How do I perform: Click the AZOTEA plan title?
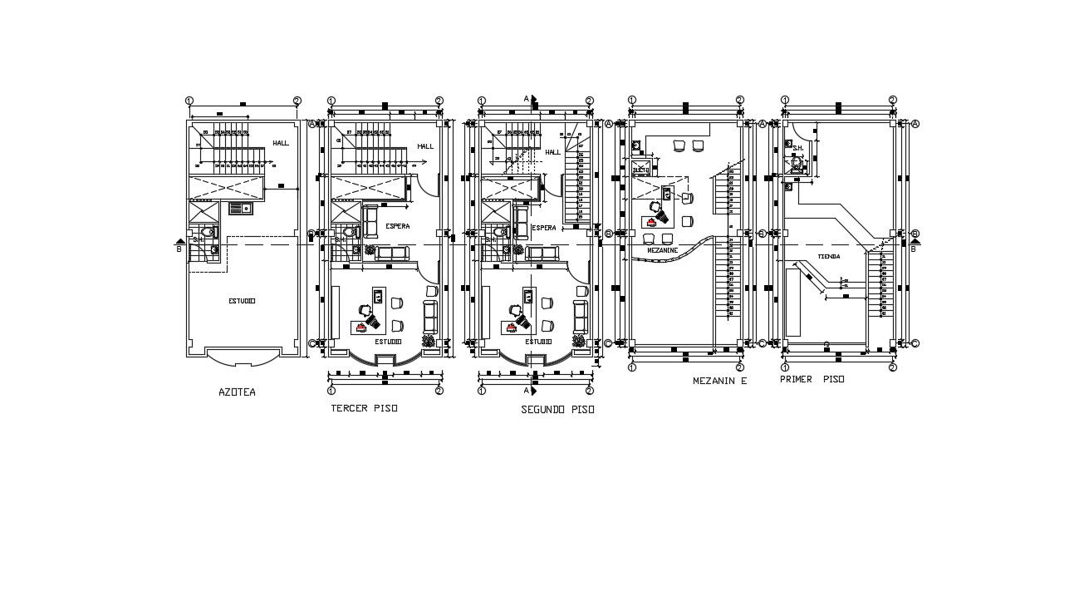click(237, 392)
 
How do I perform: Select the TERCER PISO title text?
click(364, 408)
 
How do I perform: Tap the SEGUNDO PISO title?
click(557, 410)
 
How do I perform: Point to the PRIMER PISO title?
click(812, 379)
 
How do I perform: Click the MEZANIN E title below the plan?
click(719, 381)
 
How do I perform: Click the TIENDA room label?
click(828, 256)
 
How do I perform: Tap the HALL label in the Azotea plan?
click(281, 143)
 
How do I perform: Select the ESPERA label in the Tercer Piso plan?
click(398, 226)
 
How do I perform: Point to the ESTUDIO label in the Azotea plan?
click(242, 301)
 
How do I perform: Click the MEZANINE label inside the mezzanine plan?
click(662, 250)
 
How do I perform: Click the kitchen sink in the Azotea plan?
click(241, 208)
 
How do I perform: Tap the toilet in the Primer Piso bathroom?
click(797, 165)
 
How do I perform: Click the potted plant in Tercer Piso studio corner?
click(429, 341)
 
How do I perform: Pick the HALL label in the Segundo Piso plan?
click(552, 152)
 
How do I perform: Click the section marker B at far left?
click(179, 246)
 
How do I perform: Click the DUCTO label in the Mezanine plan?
click(640, 170)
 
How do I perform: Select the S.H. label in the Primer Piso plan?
click(797, 149)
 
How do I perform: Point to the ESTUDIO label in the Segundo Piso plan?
click(537, 341)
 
